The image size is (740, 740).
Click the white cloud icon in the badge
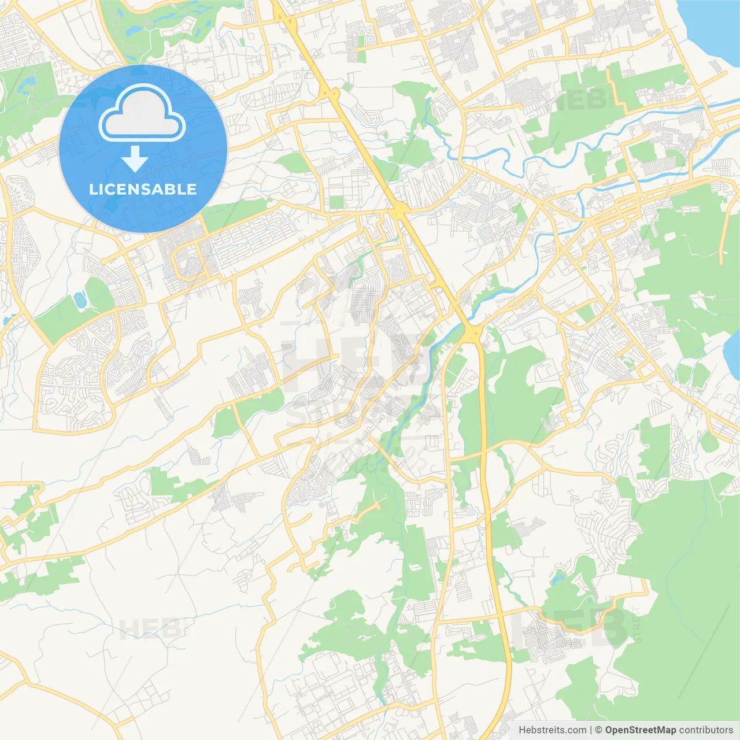142,113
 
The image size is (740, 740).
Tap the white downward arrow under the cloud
135,159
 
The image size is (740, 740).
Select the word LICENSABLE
143,190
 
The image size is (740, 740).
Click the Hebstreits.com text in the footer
552,730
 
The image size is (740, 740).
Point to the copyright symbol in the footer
599,730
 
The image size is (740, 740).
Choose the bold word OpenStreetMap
641,730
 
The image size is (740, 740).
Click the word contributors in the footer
706,730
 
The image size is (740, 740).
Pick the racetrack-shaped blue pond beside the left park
80,300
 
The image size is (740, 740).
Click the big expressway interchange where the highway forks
473,332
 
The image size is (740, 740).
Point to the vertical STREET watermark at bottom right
638,624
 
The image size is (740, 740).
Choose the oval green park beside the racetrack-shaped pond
98,295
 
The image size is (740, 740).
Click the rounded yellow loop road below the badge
188,263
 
